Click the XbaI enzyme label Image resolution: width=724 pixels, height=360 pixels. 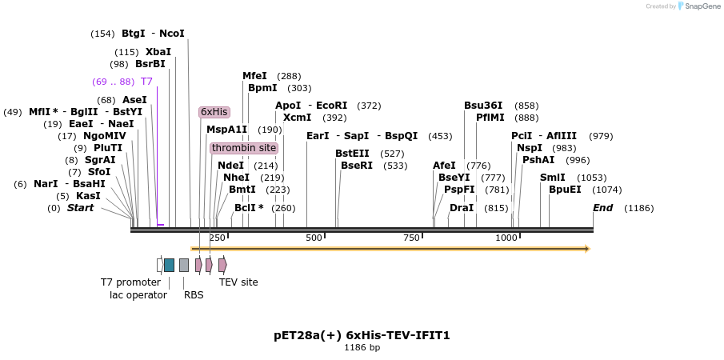[x=158, y=52]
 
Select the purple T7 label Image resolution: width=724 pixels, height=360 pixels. [x=146, y=82]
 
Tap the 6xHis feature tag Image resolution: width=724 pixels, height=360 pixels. [x=214, y=112]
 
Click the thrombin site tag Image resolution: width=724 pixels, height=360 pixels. [x=244, y=148]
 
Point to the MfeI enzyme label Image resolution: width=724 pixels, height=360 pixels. [x=254, y=76]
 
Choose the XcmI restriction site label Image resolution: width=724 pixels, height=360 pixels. [x=297, y=118]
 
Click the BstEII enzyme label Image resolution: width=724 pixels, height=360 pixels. [x=352, y=154]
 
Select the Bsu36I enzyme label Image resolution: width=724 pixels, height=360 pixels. [x=483, y=106]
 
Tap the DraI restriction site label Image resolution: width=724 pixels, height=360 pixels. [x=462, y=208]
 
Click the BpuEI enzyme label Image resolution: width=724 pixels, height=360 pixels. [x=565, y=190]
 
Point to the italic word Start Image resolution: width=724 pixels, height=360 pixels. [x=80, y=208]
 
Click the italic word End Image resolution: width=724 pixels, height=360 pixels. [x=602, y=208]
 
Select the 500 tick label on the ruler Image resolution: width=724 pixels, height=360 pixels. [x=314, y=238]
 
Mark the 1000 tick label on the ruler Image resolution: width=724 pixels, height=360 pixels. [x=506, y=238]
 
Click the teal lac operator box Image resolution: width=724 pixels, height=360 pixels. [x=169, y=265]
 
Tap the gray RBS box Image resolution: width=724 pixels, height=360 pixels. [x=184, y=265]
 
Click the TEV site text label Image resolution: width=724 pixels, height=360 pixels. [x=238, y=282]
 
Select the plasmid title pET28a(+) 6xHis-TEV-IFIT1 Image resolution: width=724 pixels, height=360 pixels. [x=362, y=335]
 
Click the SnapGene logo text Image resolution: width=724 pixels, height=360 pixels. [x=699, y=6]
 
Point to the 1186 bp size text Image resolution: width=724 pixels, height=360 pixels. [x=362, y=348]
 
